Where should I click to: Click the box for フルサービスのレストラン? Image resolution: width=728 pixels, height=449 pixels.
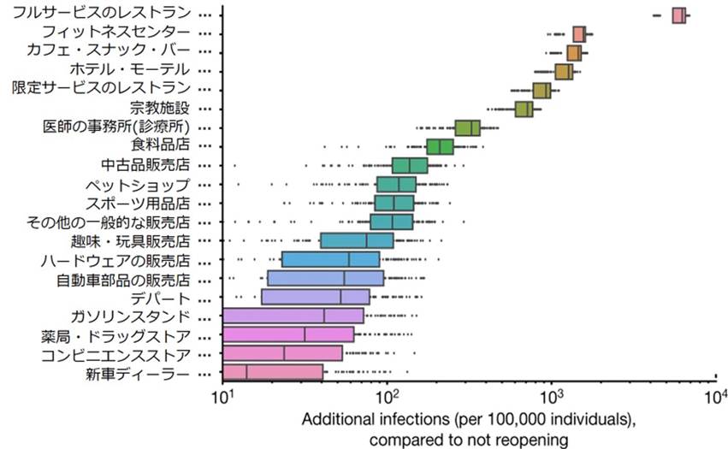(679, 15)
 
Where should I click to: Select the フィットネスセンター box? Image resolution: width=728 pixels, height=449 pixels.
(579, 34)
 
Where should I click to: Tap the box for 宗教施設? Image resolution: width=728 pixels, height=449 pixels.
(524, 109)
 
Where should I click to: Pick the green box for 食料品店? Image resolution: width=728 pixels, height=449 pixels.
(440, 146)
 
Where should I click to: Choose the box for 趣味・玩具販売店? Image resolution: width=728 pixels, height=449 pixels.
(357, 240)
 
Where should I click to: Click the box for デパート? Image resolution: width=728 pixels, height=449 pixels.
(316, 297)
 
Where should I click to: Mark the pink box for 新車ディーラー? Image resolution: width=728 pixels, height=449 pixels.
(273, 372)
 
